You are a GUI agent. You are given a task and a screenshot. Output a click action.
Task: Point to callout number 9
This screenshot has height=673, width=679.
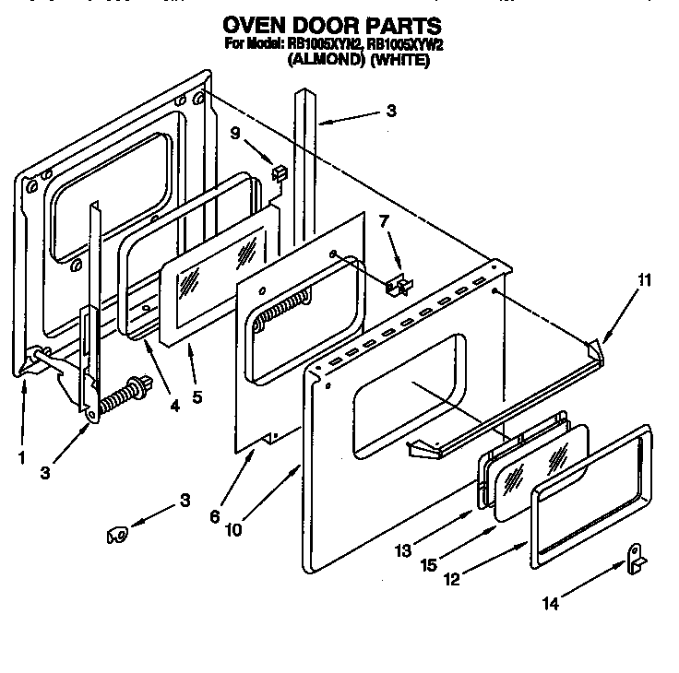(x=236, y=133)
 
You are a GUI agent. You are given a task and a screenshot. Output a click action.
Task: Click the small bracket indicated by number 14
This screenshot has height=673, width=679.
(x=633, y=556)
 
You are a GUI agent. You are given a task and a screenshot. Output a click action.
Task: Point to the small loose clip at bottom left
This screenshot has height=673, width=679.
(x=117, y=534)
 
